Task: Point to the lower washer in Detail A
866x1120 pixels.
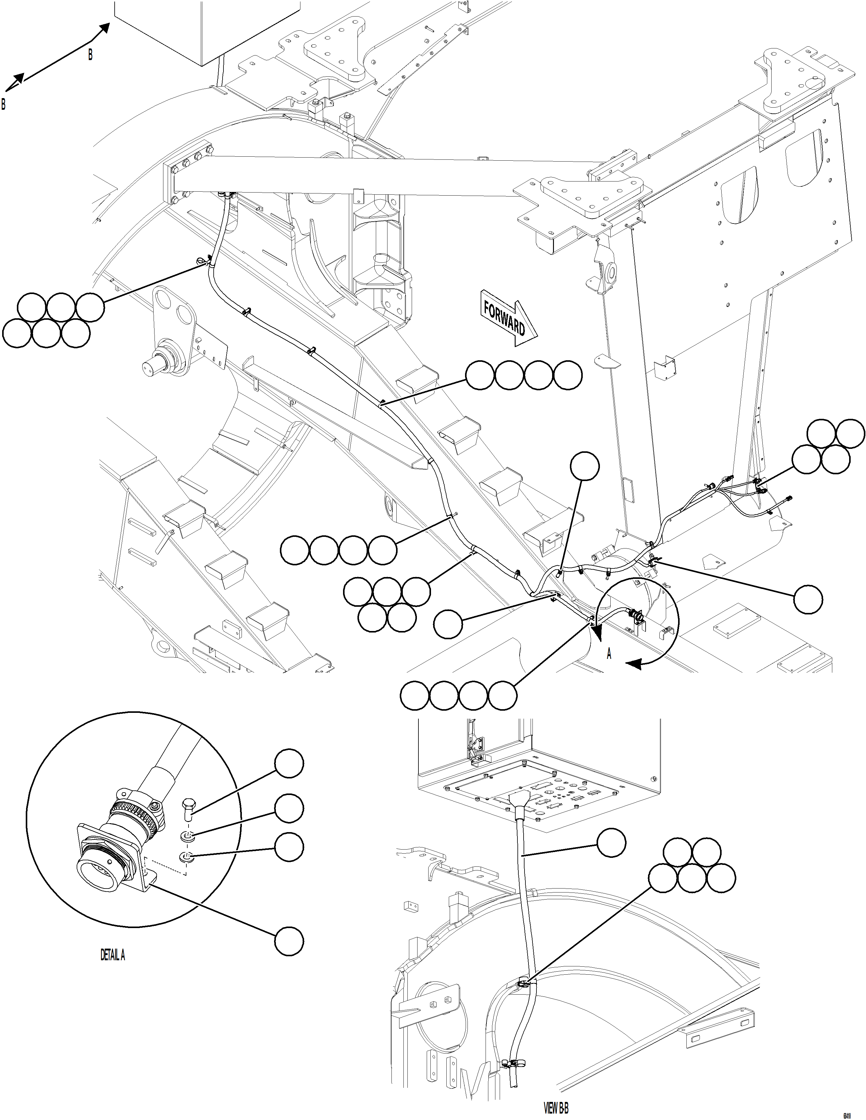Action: (186, 856)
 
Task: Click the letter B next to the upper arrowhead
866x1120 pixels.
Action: (90, 55)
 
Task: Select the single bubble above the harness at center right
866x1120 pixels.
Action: (585, 466)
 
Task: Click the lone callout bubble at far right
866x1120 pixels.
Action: (808, 598)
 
